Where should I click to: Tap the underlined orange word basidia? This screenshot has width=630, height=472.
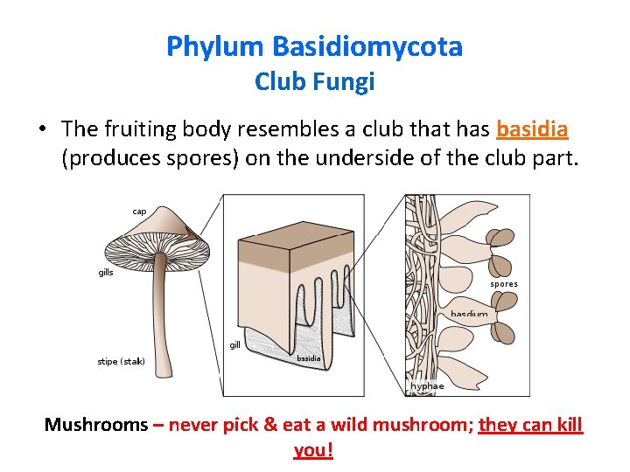point(532,129)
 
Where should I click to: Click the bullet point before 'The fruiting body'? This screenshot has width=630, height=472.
point(42,129)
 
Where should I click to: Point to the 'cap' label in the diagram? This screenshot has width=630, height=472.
point(139,211)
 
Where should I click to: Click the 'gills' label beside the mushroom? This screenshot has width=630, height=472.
point(106,272)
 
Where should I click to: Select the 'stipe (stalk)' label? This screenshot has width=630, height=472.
point(121,361)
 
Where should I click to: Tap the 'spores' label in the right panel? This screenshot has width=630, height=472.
point(504,284)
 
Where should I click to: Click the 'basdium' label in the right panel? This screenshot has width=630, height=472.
point(469,314)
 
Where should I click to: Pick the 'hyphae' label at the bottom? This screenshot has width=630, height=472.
point(427,385)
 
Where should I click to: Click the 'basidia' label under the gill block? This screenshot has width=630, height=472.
point(308,358)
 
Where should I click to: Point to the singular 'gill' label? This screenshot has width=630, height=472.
point(234,345)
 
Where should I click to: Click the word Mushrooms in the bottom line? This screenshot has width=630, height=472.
point(96,426)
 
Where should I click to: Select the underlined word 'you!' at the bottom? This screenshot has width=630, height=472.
point(314,451)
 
